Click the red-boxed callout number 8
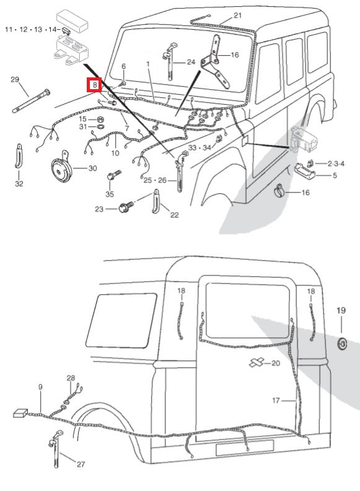pos(94,85)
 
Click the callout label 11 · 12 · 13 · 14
pos(32,30)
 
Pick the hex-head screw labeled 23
pos(123,209)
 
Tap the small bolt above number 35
pos(112,176)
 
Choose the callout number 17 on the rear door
pos(276,401)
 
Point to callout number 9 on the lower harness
pos(40,387)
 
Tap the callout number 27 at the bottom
pos(81,463)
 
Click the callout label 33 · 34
pos(200,148)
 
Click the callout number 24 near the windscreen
pos(190,62)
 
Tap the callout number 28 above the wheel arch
pos(71,378)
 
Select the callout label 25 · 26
pos(155,180)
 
